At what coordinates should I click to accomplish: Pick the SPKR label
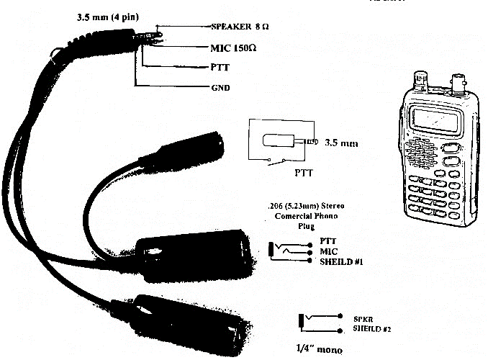[x=362, y=318]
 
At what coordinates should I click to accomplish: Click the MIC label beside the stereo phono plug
[x=327, y=251]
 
